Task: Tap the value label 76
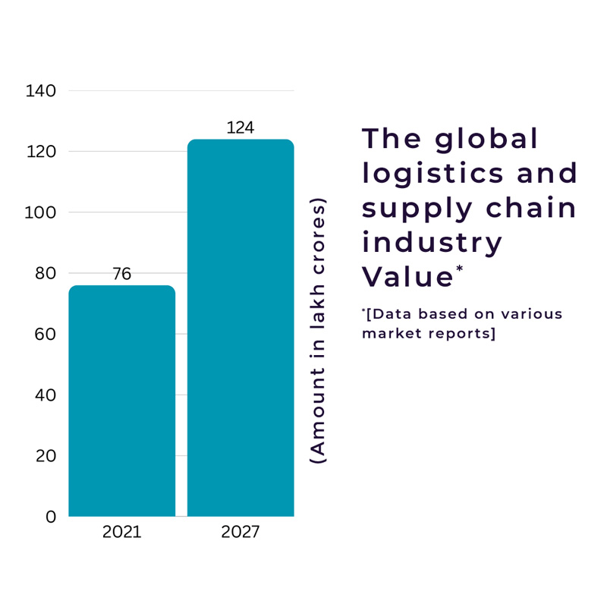click(121, 274)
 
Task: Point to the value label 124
click(241, 127)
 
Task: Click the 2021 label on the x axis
click(121, 532)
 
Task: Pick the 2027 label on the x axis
click(241, 532)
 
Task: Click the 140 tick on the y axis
click(41, 91)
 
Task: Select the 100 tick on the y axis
click(41, 212)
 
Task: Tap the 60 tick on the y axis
click(46, 334)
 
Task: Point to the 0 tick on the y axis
click(51, 517)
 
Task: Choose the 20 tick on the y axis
click(46, 456)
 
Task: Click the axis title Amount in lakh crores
click(319, 331)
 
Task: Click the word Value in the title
click(407, 277)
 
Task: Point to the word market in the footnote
click(388, 333)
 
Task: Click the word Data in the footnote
click(388, 314)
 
